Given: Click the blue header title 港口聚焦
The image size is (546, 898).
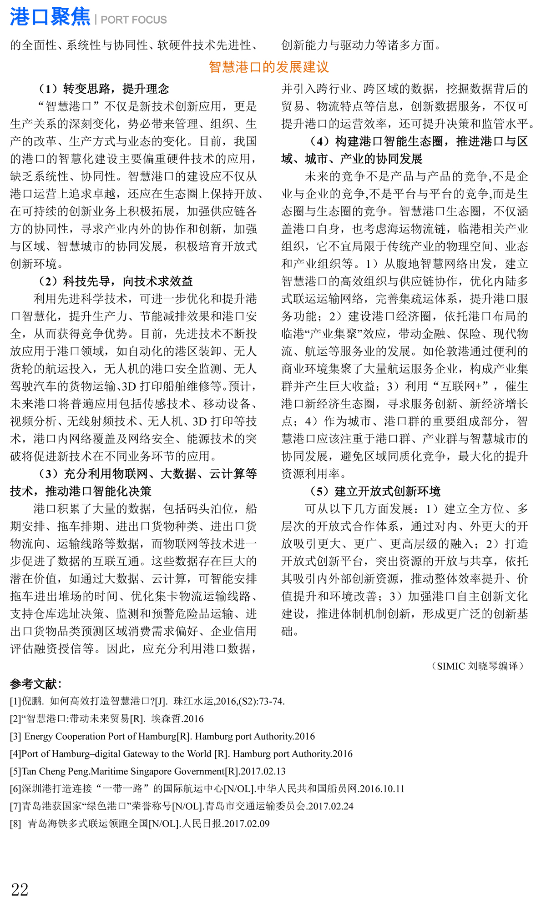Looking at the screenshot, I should point(50,17).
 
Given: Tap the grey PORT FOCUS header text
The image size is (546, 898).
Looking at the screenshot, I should point(134,20).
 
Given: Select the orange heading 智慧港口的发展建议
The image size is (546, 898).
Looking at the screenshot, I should point(268,67).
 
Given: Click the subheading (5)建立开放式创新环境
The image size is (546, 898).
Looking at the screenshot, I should point(375,492).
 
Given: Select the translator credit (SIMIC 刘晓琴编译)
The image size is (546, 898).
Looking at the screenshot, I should point(477,666).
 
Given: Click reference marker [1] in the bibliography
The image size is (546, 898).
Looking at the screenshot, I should point(16,702).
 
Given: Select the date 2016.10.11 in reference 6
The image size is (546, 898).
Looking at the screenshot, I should point(382,789).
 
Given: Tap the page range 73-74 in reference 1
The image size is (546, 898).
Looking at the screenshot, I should point(271,702).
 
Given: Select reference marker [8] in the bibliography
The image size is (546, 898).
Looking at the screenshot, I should point(16,824).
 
